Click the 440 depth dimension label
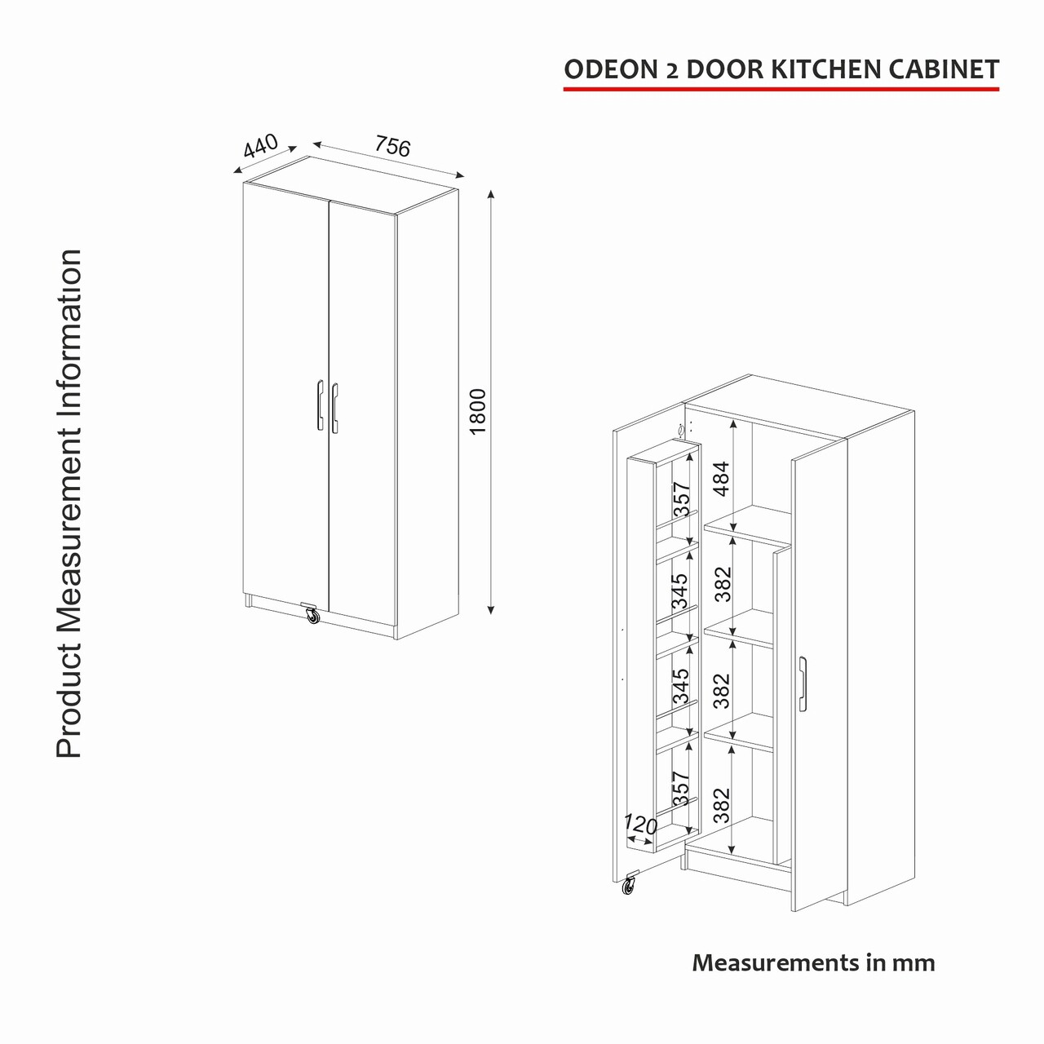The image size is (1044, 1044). pyautogui.click(x=261, y=144)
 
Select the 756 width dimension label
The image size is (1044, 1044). pyautogui.click(x=393, y=145)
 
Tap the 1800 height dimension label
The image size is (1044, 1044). pyautogui.click(x=478, y=411)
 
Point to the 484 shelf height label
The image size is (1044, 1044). pyautogui.click(x=722, y=479)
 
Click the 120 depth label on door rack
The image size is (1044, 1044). pyautogui.click(x=640, y=824)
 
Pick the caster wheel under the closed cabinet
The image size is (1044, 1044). pyautogui.click(x=312, y=615)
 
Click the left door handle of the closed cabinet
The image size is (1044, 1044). pyautogui.click(x=321, y=405)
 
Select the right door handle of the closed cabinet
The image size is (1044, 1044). pyautogui.click(x=335, y=408)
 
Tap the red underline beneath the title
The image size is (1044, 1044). pyautogui.click(x=781, y=88)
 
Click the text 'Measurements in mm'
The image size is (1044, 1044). pyautogui.click(x=813, y=962)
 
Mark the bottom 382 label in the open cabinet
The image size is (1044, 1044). pyautogui.click(x=722, y=805)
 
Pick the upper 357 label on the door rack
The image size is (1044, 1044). pyautogui.click(x=682, y=499)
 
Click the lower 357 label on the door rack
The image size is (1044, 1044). pyautogui.click(x=680, y=788)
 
